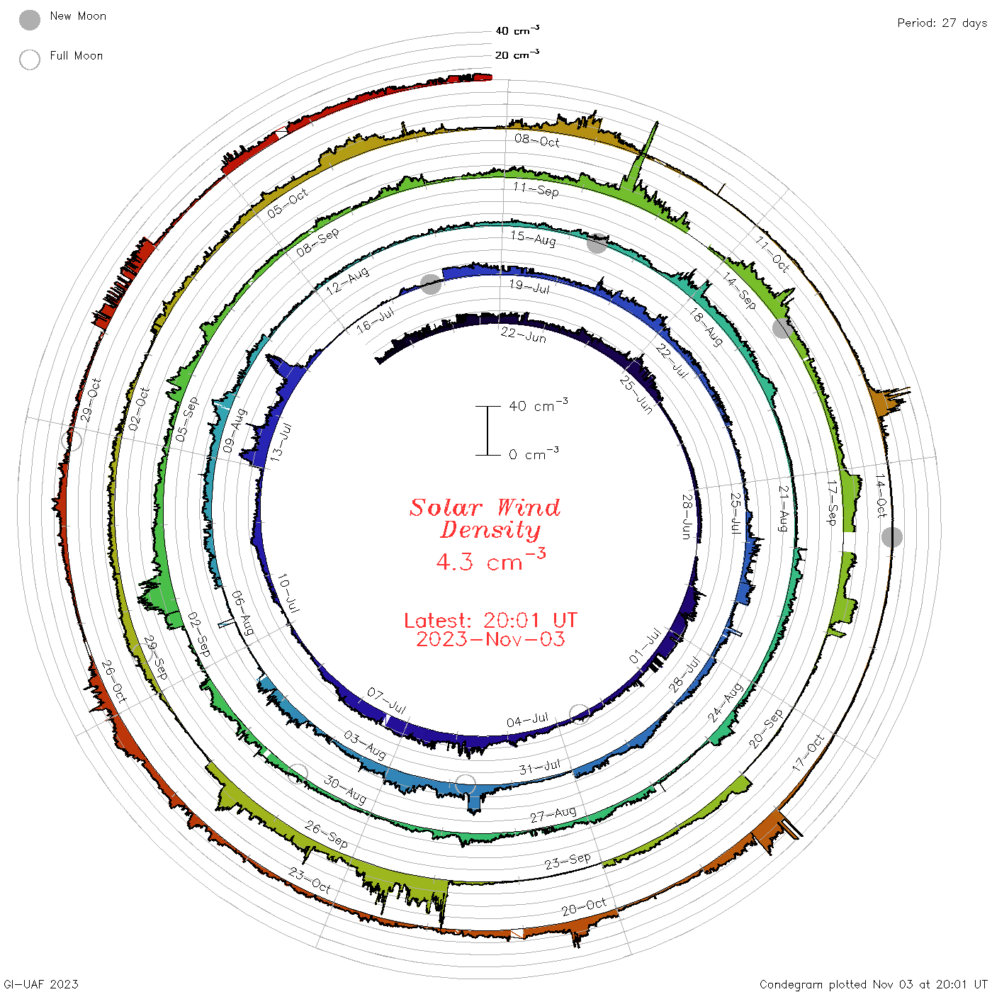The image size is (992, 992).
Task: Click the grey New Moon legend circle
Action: pyautogui.click(x=29, y=20)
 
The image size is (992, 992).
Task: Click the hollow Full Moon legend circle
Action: pyautogui.click(x=29, y=60)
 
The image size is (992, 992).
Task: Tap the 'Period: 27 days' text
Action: pyautogui.click(x=942, y=23)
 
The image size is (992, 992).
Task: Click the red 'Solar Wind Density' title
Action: pyautogui.click(x=485, y=518)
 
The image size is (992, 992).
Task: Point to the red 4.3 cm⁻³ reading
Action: pyautogui.click(x=490, y=560)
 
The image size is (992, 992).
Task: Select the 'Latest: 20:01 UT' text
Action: pyautogui.click(x=490, y=620)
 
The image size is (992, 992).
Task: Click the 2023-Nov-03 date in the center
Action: pyautogui.click(x=490, y=639)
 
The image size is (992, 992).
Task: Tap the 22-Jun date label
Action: pyautogui.click(x=523, y=335)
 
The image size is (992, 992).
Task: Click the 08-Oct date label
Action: pyautogui.click(x=537, y=140)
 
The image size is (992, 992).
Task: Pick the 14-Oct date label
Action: pyautogui.click(x=881, y=495)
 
